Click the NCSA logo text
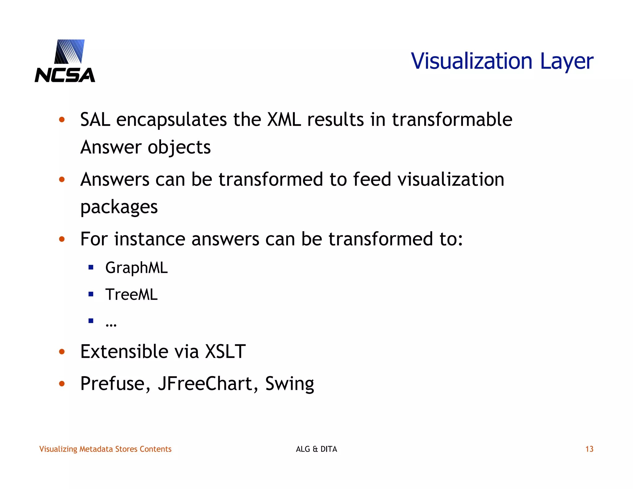(x=65, y=75)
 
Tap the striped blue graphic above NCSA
(x=70, y=51)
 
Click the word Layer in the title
(x=567, y=62)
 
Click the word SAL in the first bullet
(x=95, y=120)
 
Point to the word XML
(x=284, y=120)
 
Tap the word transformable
(x=452, y=120)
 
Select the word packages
(x=119, y=207)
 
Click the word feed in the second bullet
(x=372, y=179)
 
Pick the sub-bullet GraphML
(x=136, y=268)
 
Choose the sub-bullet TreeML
(x=131, y=294)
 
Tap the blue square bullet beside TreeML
(x=91, y=294)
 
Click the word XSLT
(x=225, y=351)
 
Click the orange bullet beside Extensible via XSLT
(x=62, y=352)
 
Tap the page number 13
(x=589, y=449)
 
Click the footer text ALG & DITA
(x=316, y=449)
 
